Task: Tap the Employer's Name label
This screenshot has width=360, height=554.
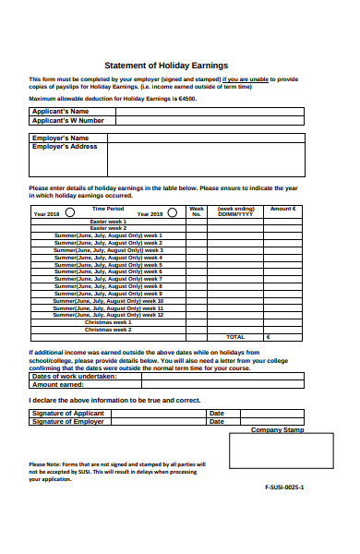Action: click(66, 138)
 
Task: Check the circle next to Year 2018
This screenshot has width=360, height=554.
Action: click(70, 211)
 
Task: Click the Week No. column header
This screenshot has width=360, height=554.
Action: click(196, 211)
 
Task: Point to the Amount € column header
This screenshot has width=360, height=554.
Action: click(283, 209)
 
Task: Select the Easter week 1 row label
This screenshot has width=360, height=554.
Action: click(108, 222)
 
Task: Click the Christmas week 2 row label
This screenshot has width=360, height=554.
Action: click(108, 329)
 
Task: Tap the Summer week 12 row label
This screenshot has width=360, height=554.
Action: click(108, 315)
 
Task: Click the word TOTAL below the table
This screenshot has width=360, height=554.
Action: click(236, 337)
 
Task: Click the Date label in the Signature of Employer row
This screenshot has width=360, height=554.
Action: click(217, 421)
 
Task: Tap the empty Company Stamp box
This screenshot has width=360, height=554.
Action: click(278, 453)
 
